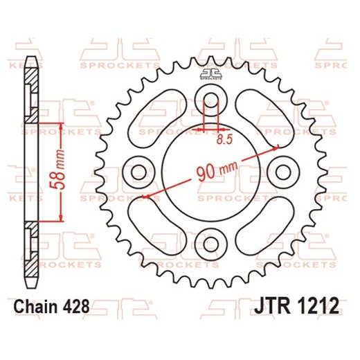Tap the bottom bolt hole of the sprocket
pos(210,242)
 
